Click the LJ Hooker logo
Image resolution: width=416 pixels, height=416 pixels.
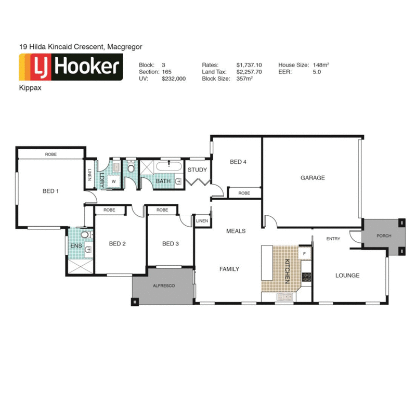(x=70, y=69)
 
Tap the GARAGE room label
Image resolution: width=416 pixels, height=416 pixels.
(x=313, y=178)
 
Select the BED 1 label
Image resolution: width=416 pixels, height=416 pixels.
(x=50, y=191)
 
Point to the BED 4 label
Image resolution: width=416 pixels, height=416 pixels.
(x=238, y=162)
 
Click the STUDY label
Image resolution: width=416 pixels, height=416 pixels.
(x=197, y=170)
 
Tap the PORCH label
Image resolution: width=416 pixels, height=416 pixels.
(x=384, y=236)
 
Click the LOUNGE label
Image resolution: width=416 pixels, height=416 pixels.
(x=347, y=276)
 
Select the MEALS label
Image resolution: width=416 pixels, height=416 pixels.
(x=236, y=231)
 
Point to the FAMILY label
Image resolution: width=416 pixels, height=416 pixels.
(x=229, y=269)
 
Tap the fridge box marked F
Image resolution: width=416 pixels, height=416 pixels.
(x=304, y=253)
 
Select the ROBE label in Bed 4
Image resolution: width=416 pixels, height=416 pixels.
(x=244, y=193)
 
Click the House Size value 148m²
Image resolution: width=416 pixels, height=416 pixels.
(x=321, y=64)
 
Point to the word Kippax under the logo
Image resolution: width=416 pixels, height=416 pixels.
(x=29, y=88)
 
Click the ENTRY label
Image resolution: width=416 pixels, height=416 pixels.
(x=333, y=239)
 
